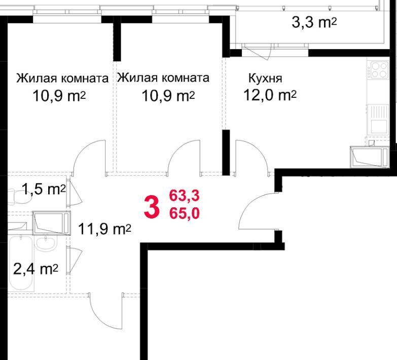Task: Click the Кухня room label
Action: coord(265,78)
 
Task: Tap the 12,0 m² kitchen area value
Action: coord(270,95)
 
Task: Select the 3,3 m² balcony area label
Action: coord(314,22)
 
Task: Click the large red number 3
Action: coord(152,208)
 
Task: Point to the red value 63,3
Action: coord(185,195)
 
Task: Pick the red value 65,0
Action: coord(185,213)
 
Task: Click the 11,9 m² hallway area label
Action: coord(104,229)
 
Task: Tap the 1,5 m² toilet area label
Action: coord(44,189)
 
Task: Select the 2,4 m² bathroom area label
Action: coord(35,269)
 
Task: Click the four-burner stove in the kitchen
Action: coord(379,70)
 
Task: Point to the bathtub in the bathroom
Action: coord(21,263)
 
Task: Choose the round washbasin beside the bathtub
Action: coord(46,243)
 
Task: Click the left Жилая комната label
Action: coord(62,78)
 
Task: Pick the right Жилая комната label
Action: coord(163,78)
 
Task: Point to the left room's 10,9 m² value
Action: coord(59,96)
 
